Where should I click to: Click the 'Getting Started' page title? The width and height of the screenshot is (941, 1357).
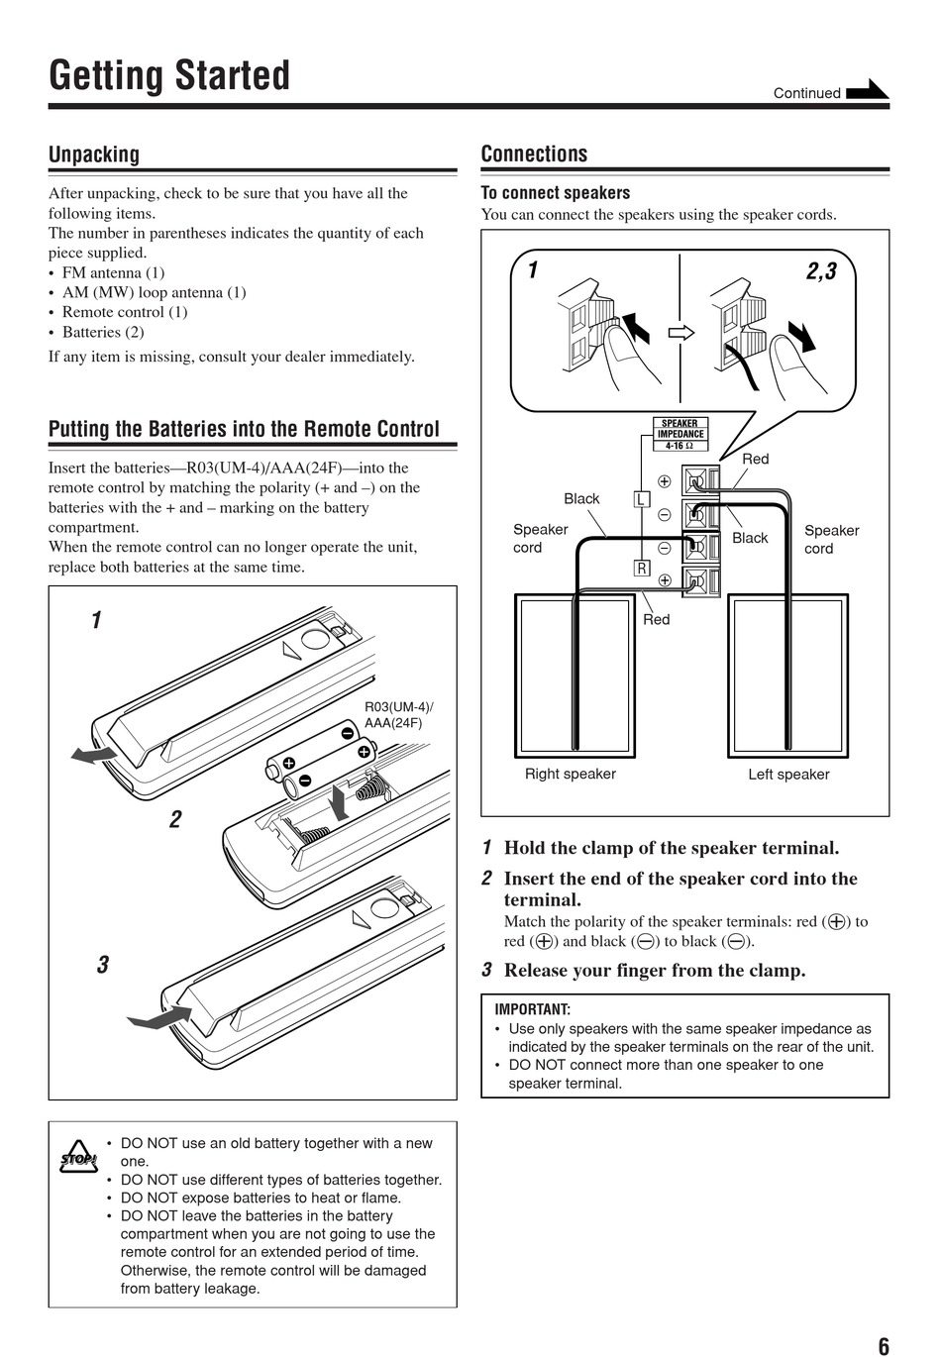[x=169, y=76]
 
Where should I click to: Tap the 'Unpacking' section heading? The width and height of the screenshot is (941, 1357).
[x=94, y=155]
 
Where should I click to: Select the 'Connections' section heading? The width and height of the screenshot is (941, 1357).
[x=534, y=154]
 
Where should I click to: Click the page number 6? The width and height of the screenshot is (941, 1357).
[x=884, y=1345]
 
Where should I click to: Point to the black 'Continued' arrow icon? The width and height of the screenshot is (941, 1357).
[x=868, y=90]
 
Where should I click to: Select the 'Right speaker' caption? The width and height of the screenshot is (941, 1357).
[x=570, y=774]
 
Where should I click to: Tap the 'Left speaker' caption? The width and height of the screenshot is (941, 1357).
[x=788, y=774]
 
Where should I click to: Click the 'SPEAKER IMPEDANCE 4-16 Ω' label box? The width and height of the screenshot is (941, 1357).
[x=680, y=434]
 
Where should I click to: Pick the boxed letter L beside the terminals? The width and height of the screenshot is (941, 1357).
[x=641, y=499]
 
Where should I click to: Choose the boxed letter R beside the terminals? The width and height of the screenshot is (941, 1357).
[x=641, y=568]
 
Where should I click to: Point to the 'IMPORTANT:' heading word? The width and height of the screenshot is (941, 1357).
[x=533, y=1009]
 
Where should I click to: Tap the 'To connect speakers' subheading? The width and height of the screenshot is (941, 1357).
[x=555, y=192]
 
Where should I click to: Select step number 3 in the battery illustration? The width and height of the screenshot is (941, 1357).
[x=102, y=965]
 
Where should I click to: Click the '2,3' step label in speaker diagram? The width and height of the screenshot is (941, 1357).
[x=821, y=270]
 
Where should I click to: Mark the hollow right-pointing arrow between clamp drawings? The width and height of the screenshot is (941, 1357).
[x=680, y=333]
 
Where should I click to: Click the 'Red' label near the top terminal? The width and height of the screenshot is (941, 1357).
[x=755, y=459]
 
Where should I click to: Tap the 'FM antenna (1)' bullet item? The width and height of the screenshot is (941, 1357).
[x=113, y=272]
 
